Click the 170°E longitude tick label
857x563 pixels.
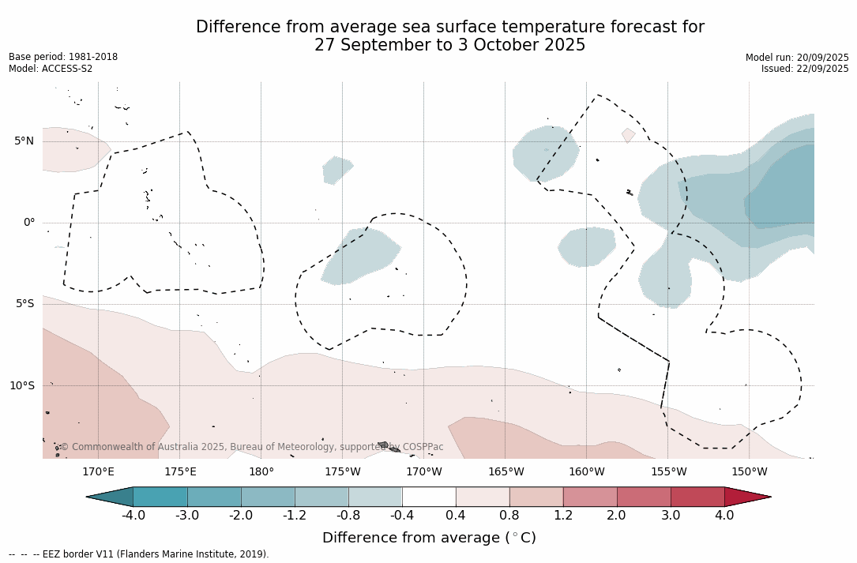(x=98, y=472)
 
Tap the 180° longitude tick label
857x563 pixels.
(x=261, y=472)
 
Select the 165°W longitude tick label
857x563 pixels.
(x=506, y=472)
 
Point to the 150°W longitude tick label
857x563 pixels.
(x=749, y=472)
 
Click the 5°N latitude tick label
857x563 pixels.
(x=24, y=141)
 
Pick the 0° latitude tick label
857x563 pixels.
(x=29, y=223)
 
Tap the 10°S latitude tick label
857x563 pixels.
(x=21, y=386)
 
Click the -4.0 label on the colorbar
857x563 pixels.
(x=133, y=516)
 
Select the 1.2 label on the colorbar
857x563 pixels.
(x=563, y=516)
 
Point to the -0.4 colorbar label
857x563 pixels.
(x=402, y=516)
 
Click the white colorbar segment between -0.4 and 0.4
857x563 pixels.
(x=429, y=497)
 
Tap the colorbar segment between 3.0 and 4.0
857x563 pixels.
(x=697, y=497)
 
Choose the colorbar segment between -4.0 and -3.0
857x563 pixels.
(x=160, y=497)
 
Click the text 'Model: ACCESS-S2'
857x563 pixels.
(x=51, y=69)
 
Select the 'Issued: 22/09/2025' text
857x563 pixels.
(x=805, y=69)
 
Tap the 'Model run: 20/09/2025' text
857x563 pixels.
(x=797, y=58)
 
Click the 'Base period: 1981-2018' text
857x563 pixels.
(x=63, y=57)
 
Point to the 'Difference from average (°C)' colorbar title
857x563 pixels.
(x=429, y=538)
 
